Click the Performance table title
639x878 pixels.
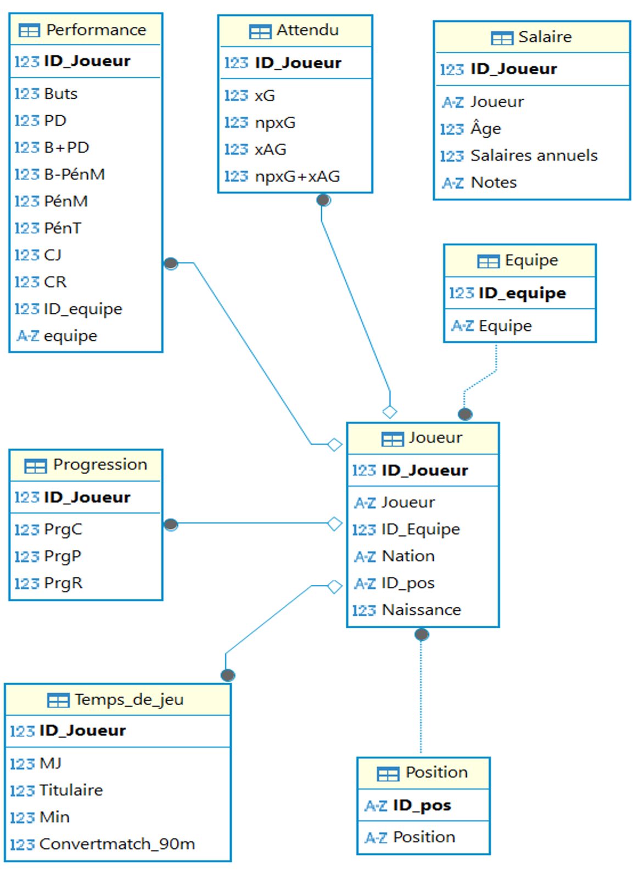(x=96, y=30)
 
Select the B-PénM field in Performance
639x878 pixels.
(x=75, y=174)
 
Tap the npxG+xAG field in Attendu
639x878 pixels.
(x=297, y=176)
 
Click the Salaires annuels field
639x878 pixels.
(x=534, y=156)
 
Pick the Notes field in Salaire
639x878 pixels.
(x=494, y=182)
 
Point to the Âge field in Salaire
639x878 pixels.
(x=486, y=128)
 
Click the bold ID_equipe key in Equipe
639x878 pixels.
(x=522, y=293)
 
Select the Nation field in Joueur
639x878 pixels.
(x=408, y=556)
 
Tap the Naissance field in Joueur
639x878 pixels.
(x=422, y=610)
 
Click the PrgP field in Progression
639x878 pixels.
(x=63, y=556)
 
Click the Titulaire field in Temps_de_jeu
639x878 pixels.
(x=71, y=790)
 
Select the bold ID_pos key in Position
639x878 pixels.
(x=422, y=805)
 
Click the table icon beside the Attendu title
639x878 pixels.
(x=260, y=31)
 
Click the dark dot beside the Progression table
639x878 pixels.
(x=171, y=525)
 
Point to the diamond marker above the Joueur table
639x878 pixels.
(x=390, y=412)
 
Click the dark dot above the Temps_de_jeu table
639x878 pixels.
(x=228, y=675)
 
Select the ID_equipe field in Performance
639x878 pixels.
(x=83, y=309)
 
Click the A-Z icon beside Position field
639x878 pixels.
(x=375, y=837)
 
